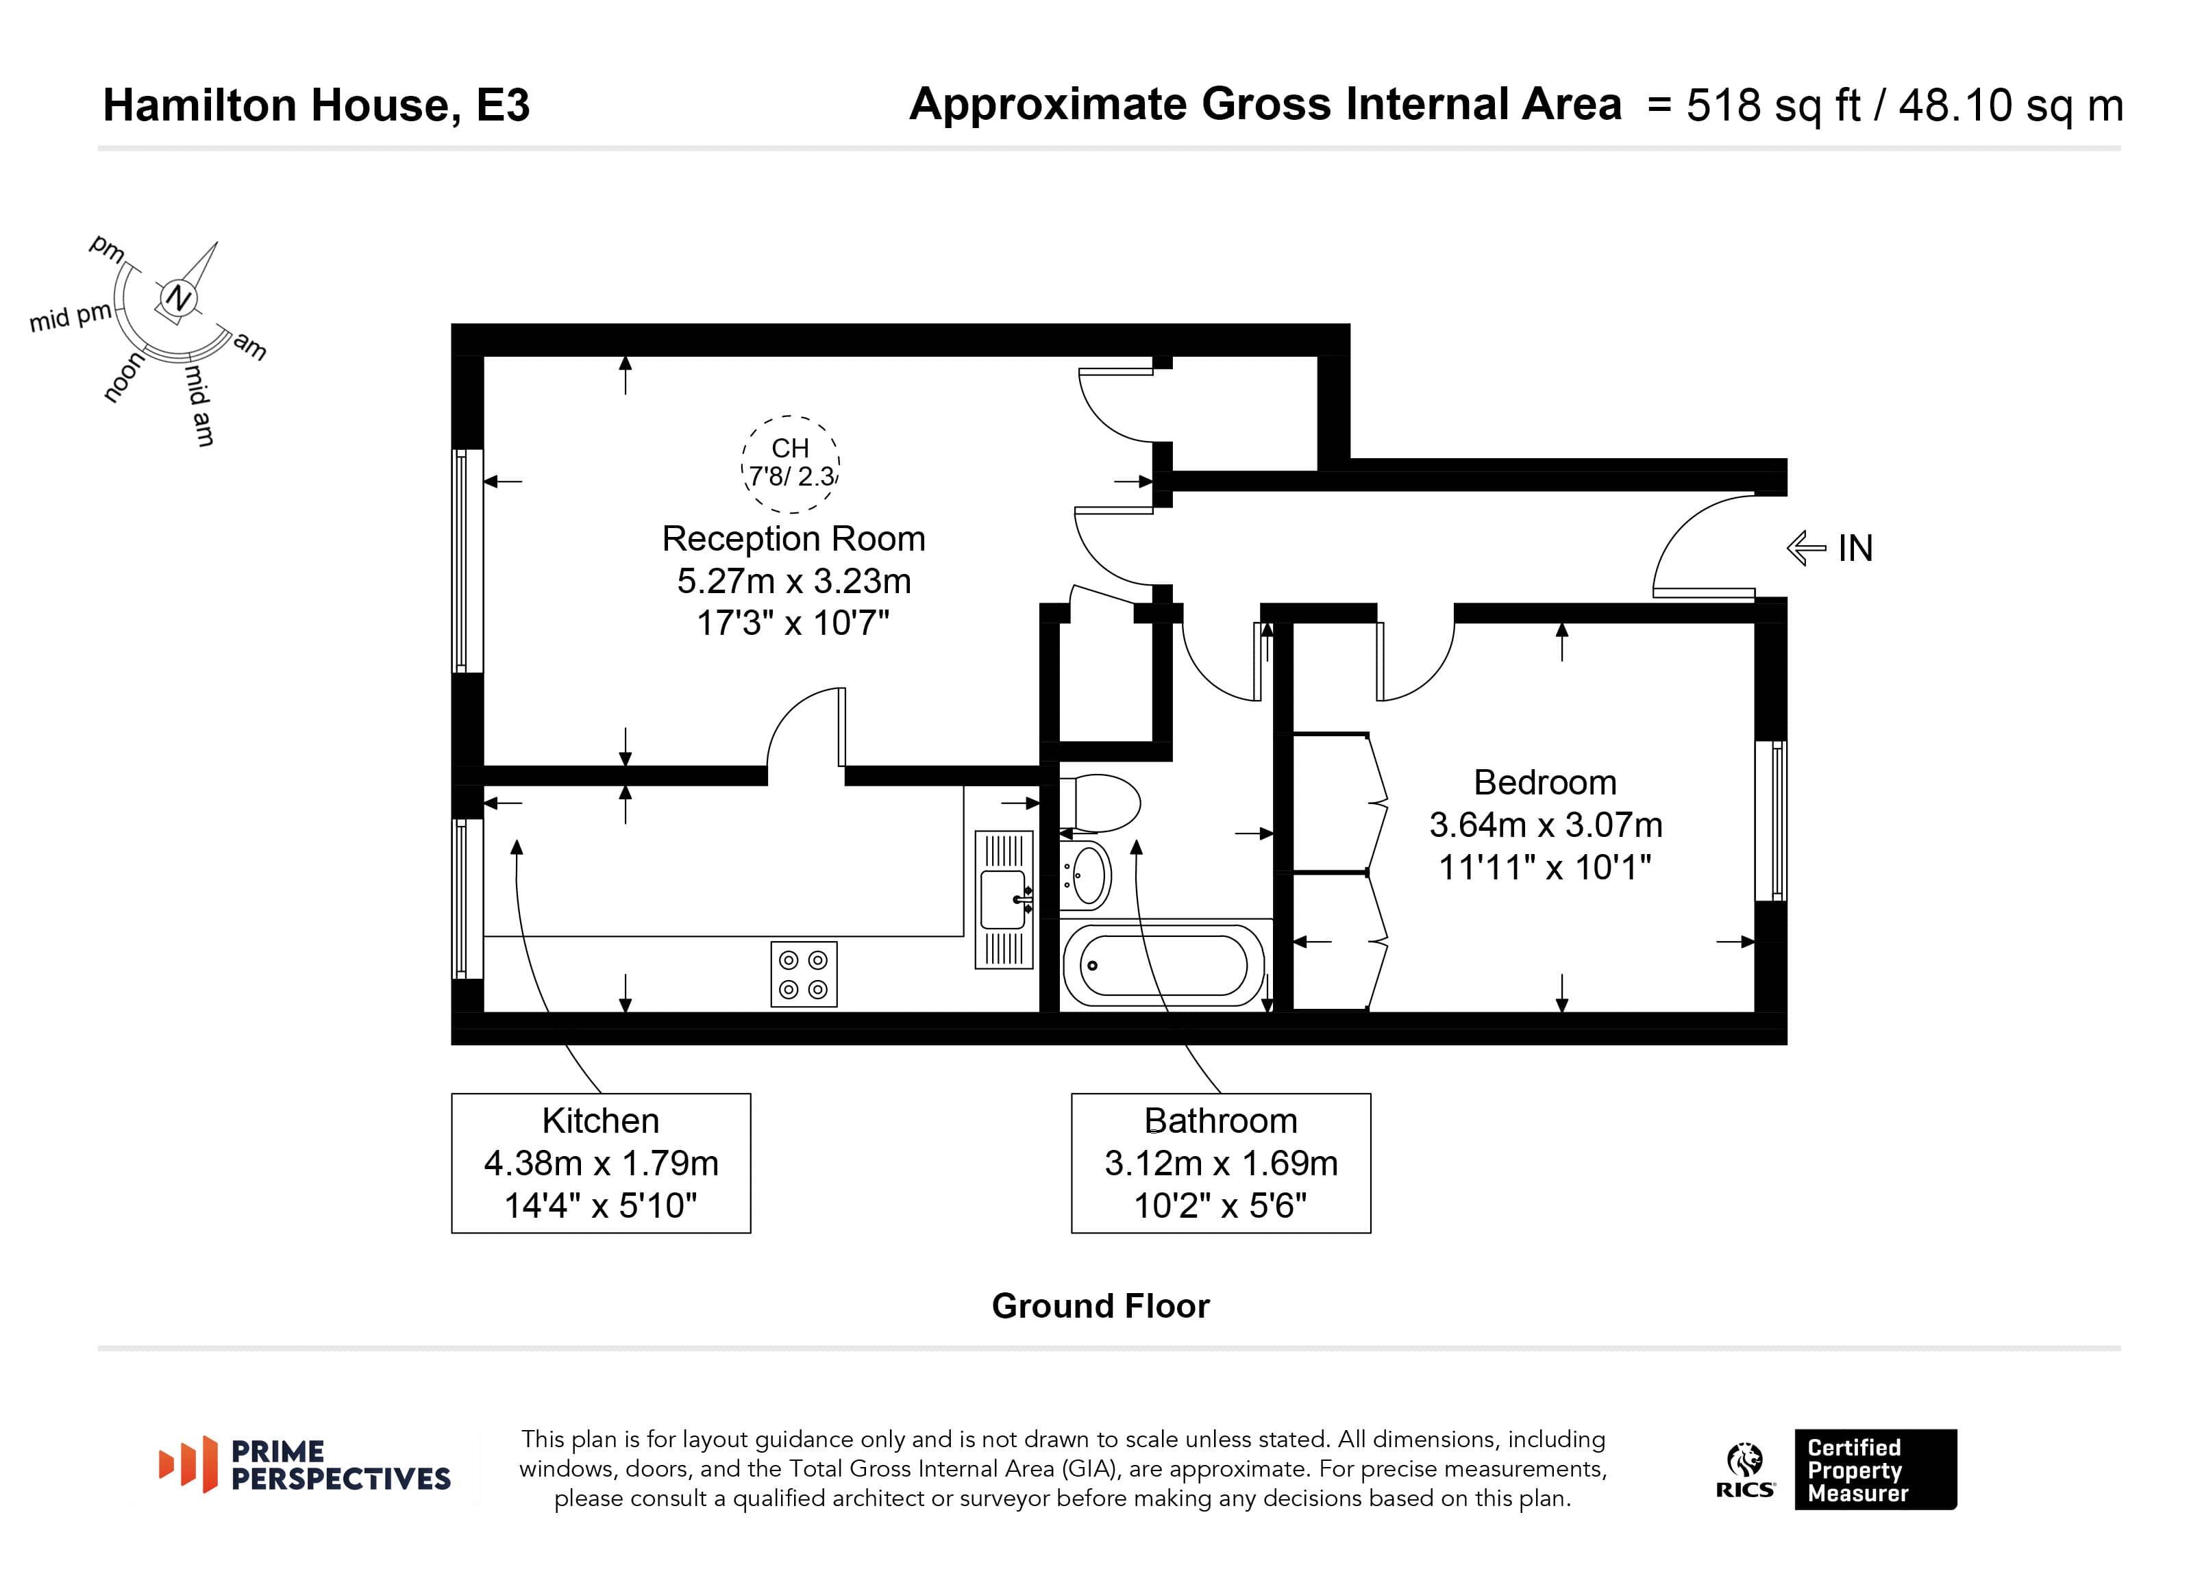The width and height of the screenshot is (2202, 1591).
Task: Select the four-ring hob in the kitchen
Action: pyautogui.click(x=804, y=974)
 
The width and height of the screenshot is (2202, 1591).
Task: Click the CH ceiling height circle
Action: pyautogui.click(x=791, y=464)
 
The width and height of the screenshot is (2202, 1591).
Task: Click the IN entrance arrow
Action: pyautogui.click(x=1806, y=549)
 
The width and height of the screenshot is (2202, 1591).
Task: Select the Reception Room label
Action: pyautogui.click(x=793, y=539)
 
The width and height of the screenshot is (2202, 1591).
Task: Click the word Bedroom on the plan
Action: pyautogui.click(x=1545, y=782)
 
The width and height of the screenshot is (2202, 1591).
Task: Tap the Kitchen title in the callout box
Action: pyautogui.click(x=600, y=1121)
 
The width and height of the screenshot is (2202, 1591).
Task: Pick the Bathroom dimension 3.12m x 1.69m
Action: pyautogui.click(x=1220, y=1163)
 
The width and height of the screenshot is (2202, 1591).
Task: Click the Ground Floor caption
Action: pyautogui.click(x=1100, y=1307)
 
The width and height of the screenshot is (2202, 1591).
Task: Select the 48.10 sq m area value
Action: pyautogui.click(x=2011, y=105)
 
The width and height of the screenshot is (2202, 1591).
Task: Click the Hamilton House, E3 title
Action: pyautogui.click(x=317, y=105)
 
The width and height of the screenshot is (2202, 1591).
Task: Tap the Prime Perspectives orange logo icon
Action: pyautogui.click(x=188, y=1464)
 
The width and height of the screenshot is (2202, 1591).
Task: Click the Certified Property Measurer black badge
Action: pyautogui.click(x=1875, y=1470)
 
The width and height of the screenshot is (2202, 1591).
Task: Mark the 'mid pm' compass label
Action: pyautogui.click(x=71, y=317)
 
